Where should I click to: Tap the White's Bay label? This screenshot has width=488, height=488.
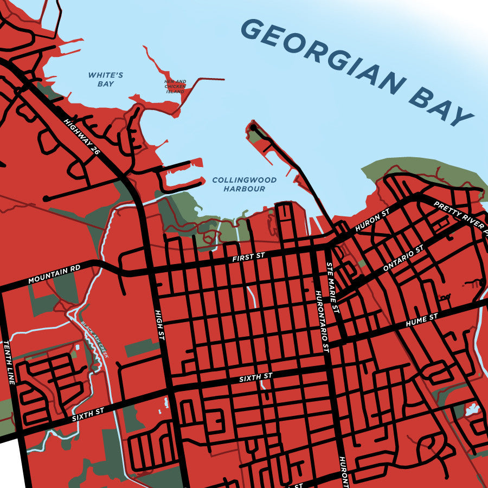pos(106,80)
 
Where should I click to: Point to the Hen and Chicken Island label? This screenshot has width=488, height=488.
pos(175,87)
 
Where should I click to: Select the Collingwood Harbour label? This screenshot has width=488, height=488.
pos(245,184)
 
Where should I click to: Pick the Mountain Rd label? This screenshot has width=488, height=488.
pos(54,275)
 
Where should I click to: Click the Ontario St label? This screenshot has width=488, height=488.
pos(402,259)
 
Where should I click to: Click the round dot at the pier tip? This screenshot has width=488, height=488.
pos(253,127)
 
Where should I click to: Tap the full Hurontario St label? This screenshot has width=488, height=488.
pos(322,322)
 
